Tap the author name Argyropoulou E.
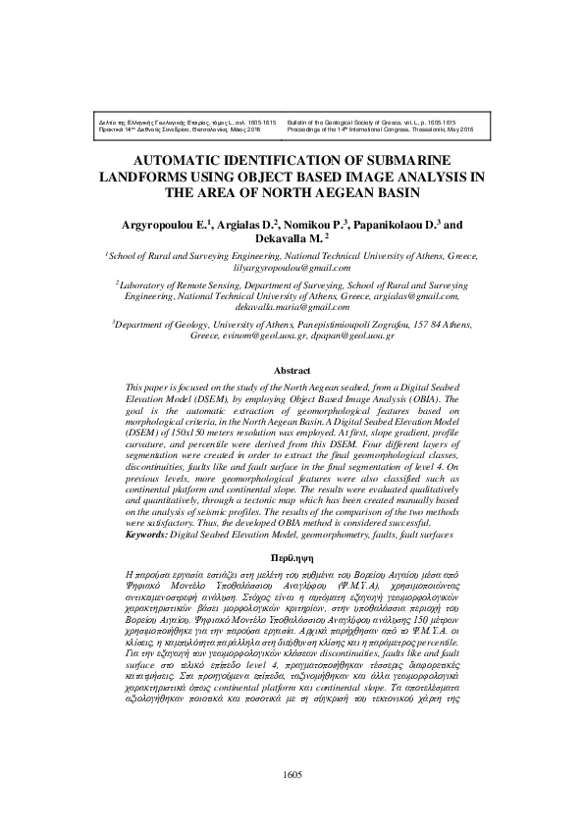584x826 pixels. (x=173, y=225)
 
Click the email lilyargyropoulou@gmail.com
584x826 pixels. (x=292, y=267)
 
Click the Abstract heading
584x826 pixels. (x=292, y=373)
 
